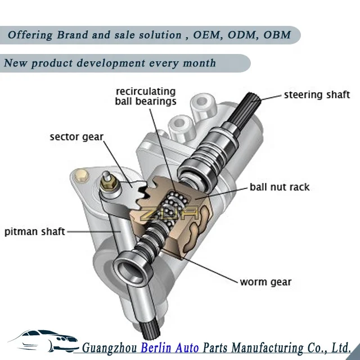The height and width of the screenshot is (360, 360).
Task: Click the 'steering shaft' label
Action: click(317, 94)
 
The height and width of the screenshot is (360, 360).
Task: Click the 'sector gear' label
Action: click(76, 137)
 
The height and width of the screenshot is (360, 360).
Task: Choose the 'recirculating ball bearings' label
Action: click(145, 97)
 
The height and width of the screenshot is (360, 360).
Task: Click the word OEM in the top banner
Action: click(208, 35)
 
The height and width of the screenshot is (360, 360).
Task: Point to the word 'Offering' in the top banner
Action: click(29, 35)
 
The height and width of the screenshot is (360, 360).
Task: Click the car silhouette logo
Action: click(42, 340)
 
